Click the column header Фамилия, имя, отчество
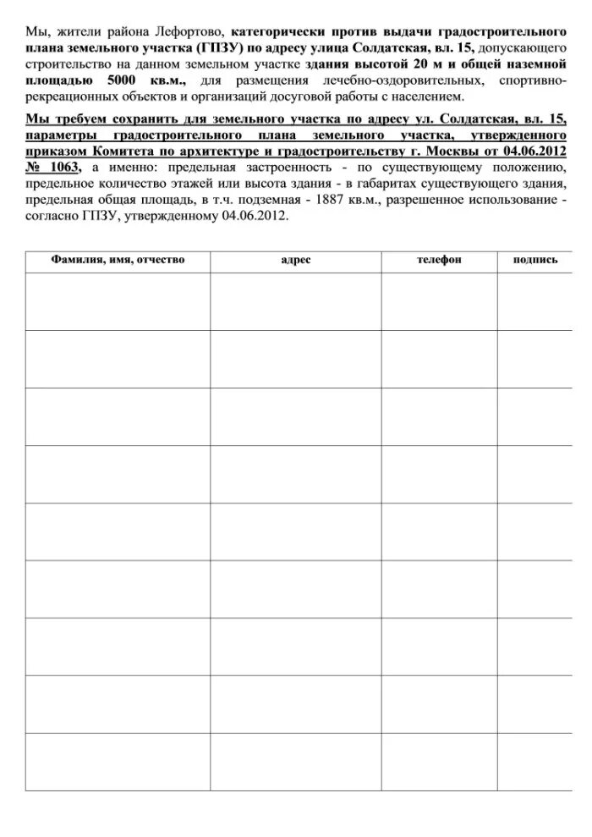tap(118, 260)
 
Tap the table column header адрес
tap(295, 260)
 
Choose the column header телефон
tap(438, 260)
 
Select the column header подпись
tap(534, 260)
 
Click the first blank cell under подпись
tap(534, 300)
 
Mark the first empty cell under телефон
tap(438, 300)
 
